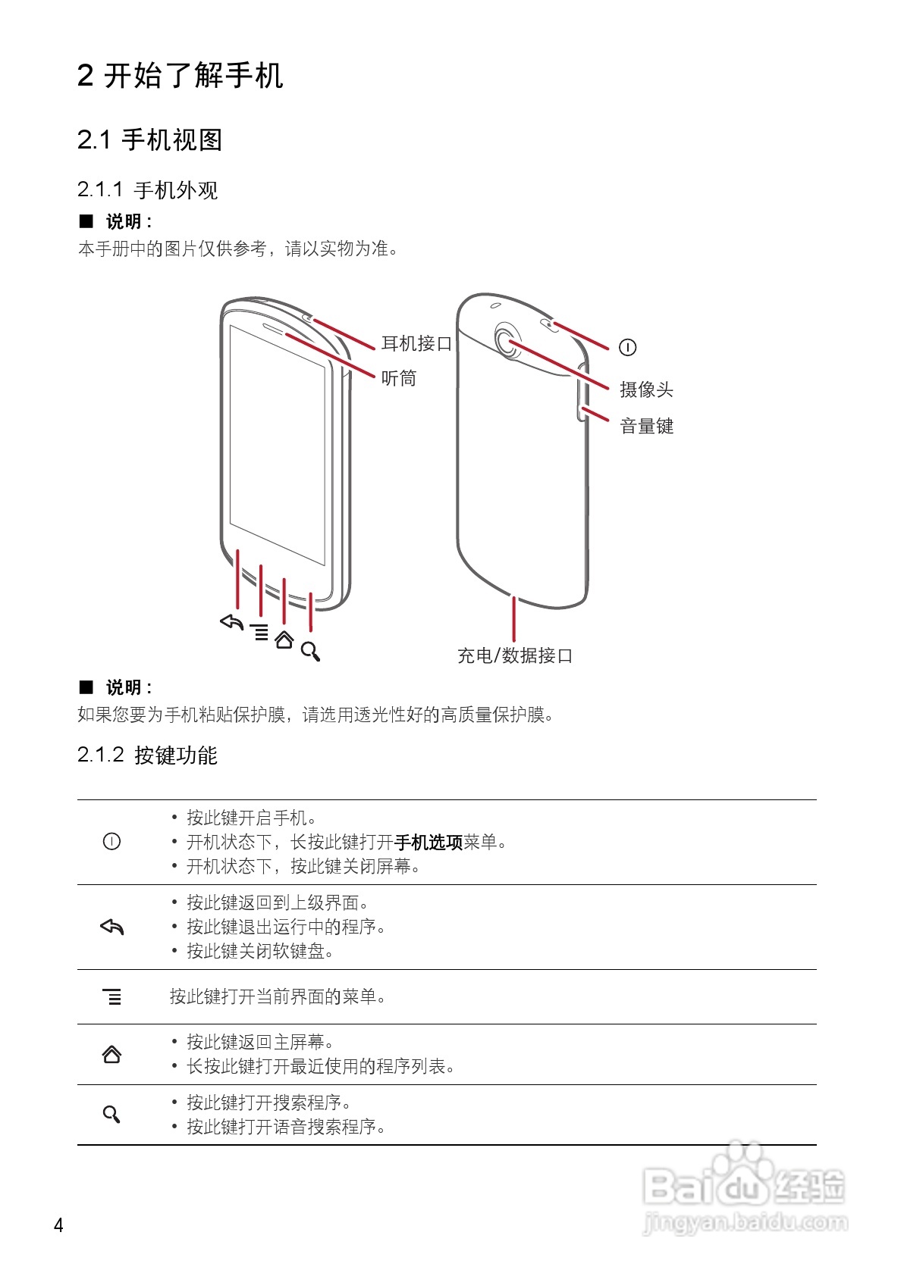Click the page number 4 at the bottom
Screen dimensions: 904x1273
coord(58,1225)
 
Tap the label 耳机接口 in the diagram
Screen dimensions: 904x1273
coord(416,344)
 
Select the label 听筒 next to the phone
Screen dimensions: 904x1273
coord(399,378)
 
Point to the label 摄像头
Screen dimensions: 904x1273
coord(646,389)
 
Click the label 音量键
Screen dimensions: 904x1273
coord(646,426)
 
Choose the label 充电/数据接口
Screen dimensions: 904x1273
coord(514,655)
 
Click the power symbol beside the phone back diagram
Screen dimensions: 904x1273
coord(627,347)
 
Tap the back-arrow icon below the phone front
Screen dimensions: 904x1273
coord(232,622)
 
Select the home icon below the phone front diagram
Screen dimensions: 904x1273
coord(284,640)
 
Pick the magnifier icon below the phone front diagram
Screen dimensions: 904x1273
coord(310,651)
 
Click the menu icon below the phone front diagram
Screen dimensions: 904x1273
coord(259,632)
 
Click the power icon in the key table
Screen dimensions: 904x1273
coord(111,841)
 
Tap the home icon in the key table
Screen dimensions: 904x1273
coord(111,1054)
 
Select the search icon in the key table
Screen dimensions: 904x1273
coord(111,1114)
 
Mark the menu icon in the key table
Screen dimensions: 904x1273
coord(112,996)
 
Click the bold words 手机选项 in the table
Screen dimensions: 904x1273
coord(428,842)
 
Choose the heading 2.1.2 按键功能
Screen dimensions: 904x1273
coord(147,755)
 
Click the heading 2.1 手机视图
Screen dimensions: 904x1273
coord(149,140)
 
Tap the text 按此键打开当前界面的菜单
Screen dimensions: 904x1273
coord(278,996)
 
